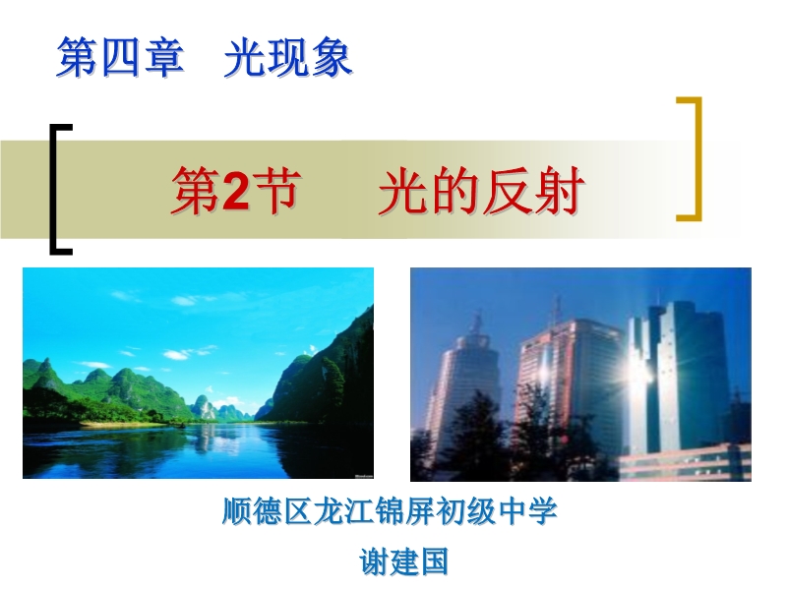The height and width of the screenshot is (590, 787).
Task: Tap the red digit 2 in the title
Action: (x=235, y=191)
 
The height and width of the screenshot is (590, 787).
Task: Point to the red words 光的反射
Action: (x=482, y=191)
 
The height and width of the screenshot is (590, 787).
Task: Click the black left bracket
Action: (x=53, y=190)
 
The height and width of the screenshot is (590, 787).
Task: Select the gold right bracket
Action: (x=697, y=158)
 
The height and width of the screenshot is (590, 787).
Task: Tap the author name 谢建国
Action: (x=403, y=561)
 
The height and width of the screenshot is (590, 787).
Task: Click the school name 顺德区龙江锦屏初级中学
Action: (x=390, y=511)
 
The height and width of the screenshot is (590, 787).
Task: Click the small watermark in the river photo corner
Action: (x=363, y=475)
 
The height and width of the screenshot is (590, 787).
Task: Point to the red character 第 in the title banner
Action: (x=196, y=191)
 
